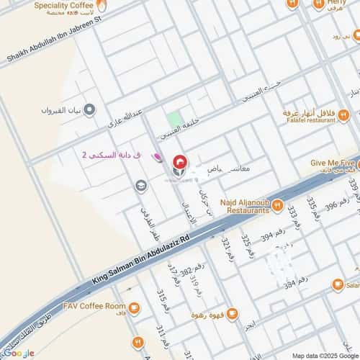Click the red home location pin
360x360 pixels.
point(178,165)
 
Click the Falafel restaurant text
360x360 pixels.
point(310,120)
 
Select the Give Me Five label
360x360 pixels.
point(334,163)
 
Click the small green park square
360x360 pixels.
point(174,119)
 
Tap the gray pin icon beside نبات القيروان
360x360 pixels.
point(89,109)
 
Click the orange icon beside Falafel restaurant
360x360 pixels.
point(344,114)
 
